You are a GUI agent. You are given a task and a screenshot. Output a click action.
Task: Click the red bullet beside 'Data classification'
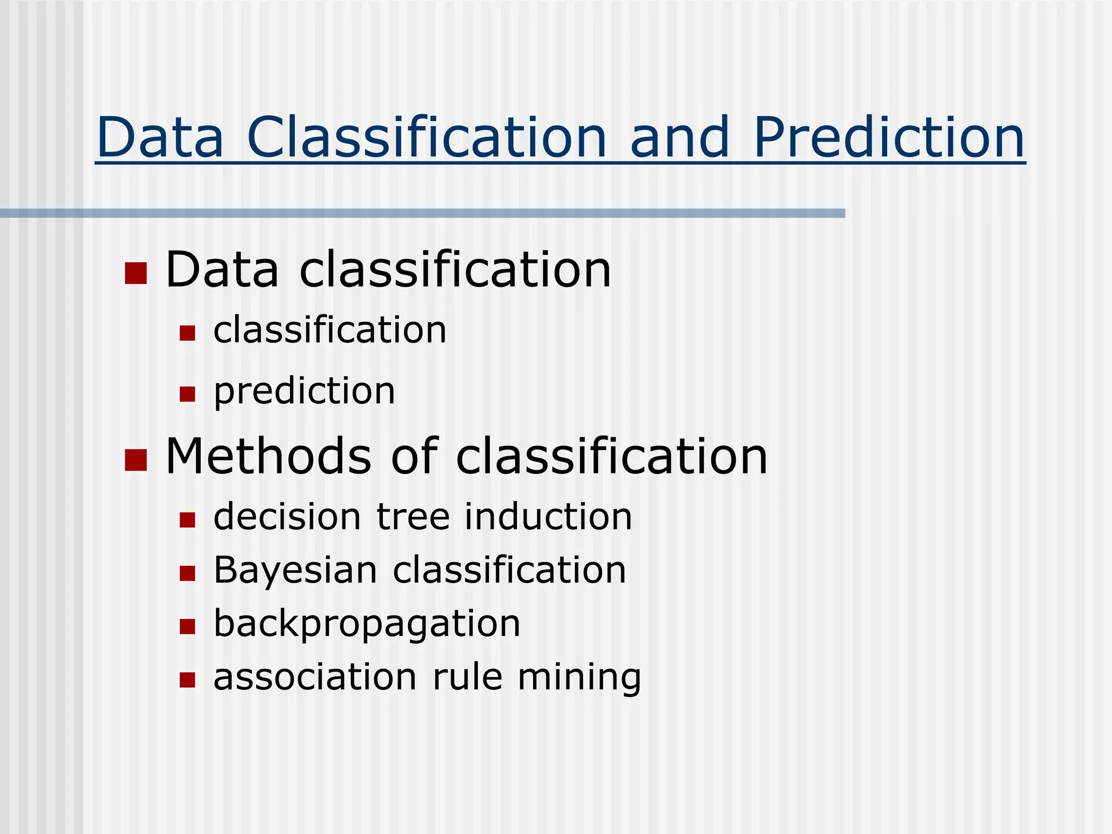(136, 273)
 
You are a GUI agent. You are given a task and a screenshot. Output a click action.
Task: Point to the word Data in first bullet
(222, 270)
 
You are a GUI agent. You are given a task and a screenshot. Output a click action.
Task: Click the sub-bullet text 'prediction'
(304, 391)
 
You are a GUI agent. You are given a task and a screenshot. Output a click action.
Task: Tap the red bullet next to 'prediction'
(187, 394)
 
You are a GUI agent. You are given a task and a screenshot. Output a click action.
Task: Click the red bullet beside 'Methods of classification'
(136, 459)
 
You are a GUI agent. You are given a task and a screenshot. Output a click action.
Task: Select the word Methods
(268, 456)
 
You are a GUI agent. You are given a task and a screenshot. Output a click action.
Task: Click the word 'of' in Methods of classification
(414, 456)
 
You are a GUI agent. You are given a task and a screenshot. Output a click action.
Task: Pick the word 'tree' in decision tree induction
(413, 516)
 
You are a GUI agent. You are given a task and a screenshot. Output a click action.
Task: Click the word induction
(548, 516)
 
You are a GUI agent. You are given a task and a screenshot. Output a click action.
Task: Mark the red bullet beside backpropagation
(187, 627)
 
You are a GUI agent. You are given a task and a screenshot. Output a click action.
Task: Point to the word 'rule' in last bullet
(467, 678)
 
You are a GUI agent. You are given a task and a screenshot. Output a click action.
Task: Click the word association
(315, 678)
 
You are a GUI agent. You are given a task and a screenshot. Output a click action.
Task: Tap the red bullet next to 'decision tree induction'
(187, 520)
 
